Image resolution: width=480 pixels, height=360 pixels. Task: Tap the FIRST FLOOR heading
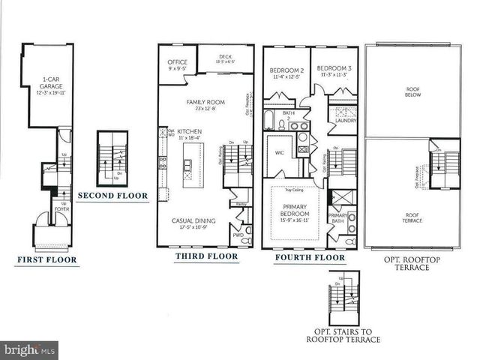46,261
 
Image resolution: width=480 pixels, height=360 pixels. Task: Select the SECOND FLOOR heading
112,196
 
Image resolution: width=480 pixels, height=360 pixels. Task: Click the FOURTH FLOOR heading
310,258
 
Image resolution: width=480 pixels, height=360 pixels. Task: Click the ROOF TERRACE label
411,218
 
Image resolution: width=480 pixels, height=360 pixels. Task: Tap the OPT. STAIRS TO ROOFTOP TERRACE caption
342,335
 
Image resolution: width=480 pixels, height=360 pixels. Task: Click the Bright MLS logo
29,350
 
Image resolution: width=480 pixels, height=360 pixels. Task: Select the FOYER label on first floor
62,209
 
